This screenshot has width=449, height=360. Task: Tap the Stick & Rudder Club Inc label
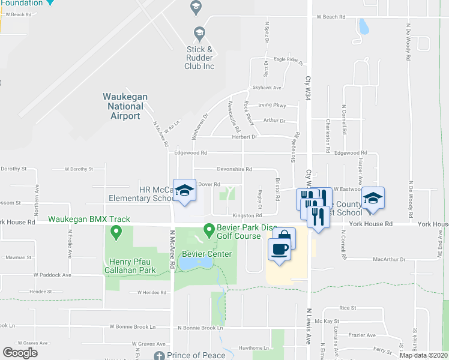coord(199,58)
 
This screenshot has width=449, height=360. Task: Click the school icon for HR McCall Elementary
coord(184,191)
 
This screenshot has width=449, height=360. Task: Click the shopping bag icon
coord(284,236)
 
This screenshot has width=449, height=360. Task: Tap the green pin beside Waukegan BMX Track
coord(113,233)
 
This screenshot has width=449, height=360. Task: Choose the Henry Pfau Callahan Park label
coord(133,266)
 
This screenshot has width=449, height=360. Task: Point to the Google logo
coord(20,353)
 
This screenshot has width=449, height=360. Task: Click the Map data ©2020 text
coord(423,356)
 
